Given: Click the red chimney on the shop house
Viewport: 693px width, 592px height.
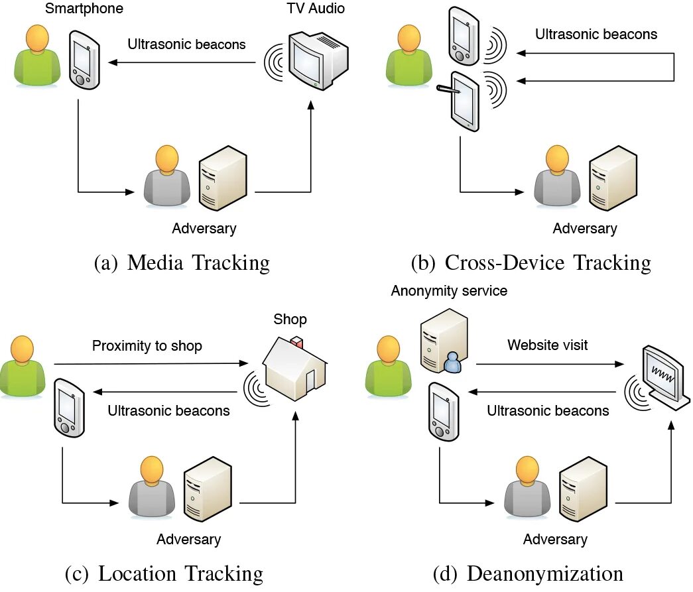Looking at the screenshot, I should (298, 344).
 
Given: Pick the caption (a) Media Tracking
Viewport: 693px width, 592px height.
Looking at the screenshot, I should (182, 263).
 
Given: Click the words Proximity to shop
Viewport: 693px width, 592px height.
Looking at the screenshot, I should (147, 346).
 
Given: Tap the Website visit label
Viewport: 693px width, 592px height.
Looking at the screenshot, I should (547, 345).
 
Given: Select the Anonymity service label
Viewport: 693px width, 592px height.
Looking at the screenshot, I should (448, 291).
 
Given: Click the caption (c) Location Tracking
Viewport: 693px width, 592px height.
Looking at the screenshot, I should (164, 573).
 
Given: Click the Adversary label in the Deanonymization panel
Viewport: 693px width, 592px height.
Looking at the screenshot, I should (554, 539).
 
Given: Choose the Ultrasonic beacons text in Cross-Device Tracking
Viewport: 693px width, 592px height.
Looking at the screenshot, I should (596, 34).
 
